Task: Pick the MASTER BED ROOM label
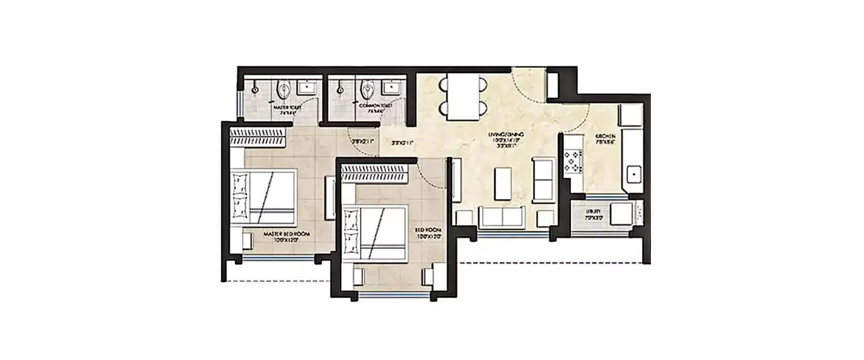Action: [x=283, y=237]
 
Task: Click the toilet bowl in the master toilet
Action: [x=283, y=90]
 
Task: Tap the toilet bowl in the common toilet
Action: [x=367, y=90]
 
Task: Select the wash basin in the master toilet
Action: [x=306, y=88]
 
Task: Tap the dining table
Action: [x=464, y=98]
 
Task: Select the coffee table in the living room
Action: [x=503, y=184]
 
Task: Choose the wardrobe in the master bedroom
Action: [x=257, y=136]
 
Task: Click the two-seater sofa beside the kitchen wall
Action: [x=543, y=180]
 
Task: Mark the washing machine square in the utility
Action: [x=620, y=214]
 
